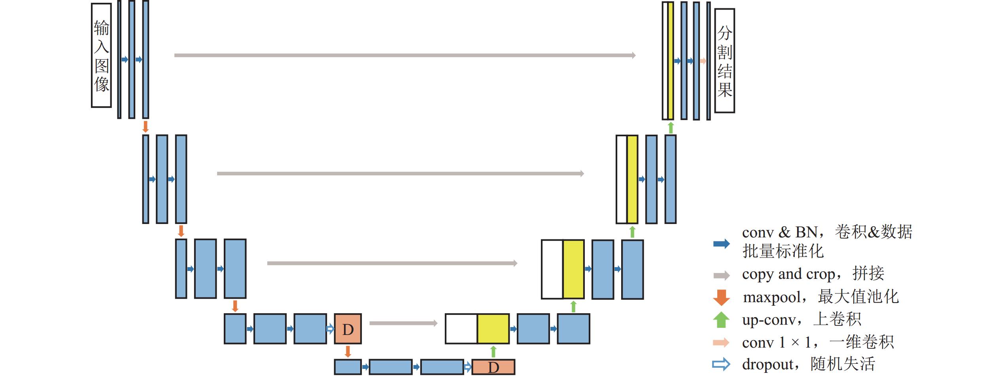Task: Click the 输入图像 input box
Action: pos(101,55)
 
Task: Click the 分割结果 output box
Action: pos(725,61)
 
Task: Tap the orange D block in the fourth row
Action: pos(348,329)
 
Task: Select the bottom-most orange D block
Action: pos(493,367)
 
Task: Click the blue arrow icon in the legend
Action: pos(722,244)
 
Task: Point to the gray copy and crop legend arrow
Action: pos(722,275)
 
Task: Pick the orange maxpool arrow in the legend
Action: pos(722,297)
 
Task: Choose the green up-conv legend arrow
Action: pos(722,320)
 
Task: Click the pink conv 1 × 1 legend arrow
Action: pos(722,342)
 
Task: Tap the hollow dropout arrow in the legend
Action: pos(722,364)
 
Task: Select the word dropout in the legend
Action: pos(767,365)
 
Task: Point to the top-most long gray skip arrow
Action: pos(405,55)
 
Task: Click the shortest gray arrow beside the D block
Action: pos(403,323)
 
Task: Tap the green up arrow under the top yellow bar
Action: pos(671,128)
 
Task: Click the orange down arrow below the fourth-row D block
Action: pos(348,352)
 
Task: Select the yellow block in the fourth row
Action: pos(493,329)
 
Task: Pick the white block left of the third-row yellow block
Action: pos(552,269)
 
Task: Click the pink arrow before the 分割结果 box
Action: pos(703,61)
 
